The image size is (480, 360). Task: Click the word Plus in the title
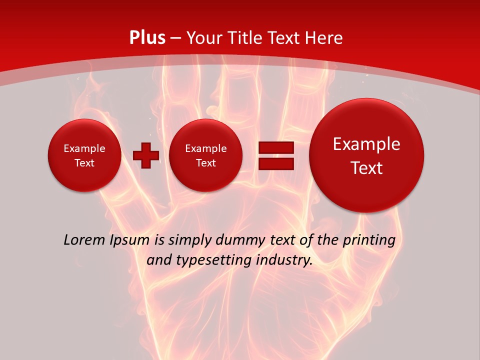click(x=147, y=38)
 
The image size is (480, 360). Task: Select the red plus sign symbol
click(x=146, y=155)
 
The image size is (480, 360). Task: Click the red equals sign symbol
click(x=275, y=155)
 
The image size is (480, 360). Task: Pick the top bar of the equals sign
click(x=275, y=148)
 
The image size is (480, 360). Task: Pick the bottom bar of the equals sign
click(x=275, y=163)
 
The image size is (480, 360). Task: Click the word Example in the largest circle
click(x=366, y=144)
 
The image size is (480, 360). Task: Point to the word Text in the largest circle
click(x=366, y=168)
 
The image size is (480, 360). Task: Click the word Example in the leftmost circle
click(x=84, y=148)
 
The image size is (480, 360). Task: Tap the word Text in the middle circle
click(x=205, y=163)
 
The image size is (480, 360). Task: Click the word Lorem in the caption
click(x=84, y=240)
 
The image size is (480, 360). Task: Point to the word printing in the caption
click(x=370, y=240)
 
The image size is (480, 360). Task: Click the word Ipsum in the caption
click(x=129, y=240)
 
